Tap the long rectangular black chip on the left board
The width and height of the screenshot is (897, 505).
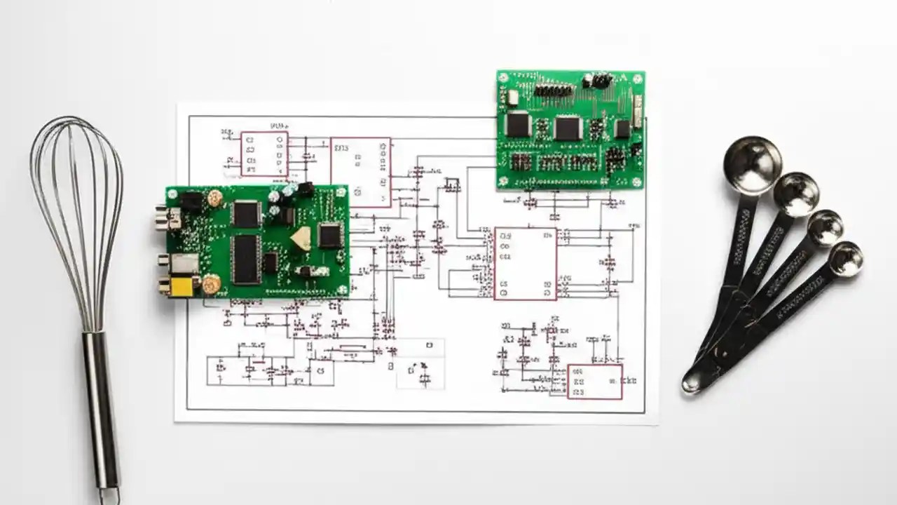coord(246,259)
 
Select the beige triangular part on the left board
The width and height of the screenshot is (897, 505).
coord(301,239)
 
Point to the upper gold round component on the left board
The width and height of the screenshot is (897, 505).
coord(215,198)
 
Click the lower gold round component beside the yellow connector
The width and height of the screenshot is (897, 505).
coord(211,283)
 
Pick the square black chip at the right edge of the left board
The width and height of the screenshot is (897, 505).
coord(329,235)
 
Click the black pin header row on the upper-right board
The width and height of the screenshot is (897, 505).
coord(553,90)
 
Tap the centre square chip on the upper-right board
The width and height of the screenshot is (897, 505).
coord(568,128)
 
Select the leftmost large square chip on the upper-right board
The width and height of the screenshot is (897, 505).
coord(518,124)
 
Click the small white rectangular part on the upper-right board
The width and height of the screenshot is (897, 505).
coord(638,111)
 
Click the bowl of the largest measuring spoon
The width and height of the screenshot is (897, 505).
coord(752,164)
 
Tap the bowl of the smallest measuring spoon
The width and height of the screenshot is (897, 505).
coord(845,259)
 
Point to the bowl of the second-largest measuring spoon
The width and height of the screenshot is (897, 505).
coord(796,194)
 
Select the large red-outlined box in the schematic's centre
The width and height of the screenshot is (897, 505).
coord(526,263)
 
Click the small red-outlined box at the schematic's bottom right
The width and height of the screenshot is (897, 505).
coord(594,382)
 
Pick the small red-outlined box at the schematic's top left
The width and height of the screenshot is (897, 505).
coord(264,154)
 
